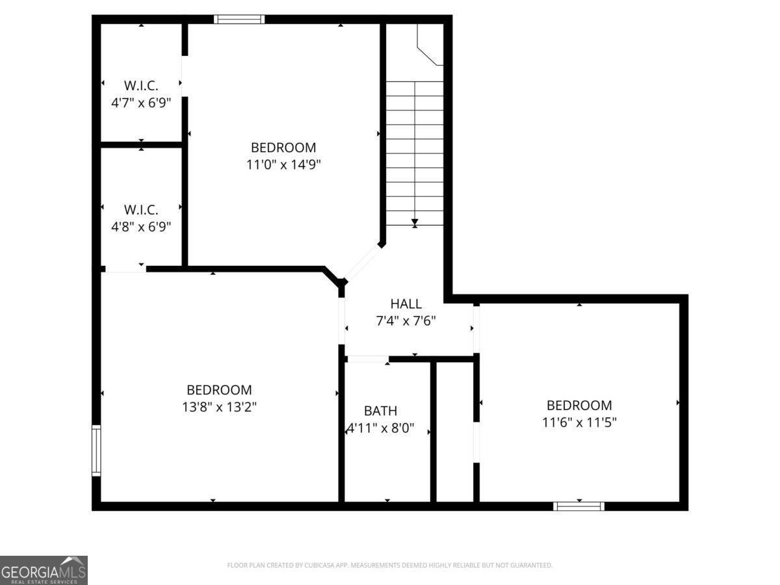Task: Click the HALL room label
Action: pos(406,304)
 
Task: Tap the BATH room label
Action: pos(380,411)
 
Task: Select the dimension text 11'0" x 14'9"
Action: pos(283,164)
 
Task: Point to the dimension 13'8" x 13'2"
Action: pos(219,408)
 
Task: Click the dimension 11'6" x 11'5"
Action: pos(579,422)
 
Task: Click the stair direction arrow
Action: pos(415,223)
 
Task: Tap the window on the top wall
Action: pos(239,19)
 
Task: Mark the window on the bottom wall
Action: pos(578,506)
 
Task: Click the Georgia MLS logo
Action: pos(44,570)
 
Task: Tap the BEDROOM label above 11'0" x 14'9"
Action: pos(283,148)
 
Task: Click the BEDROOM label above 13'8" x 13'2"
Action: pos(219,390)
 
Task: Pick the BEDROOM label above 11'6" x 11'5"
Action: pos(579,405)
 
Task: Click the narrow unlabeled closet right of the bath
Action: pos(454,432)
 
